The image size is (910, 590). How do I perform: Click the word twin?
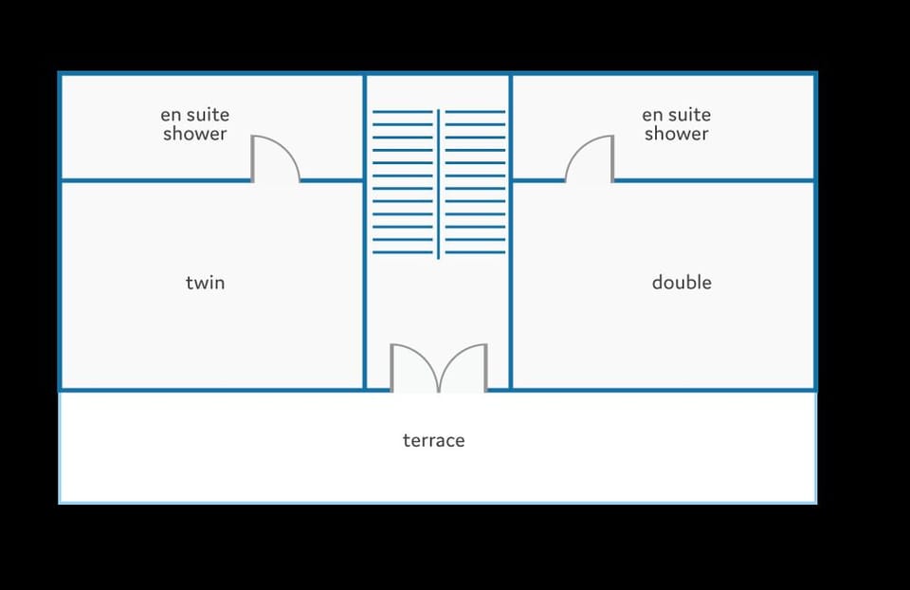point(205,283)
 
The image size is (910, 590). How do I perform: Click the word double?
point(682,283)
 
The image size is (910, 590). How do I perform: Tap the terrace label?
point(433,440)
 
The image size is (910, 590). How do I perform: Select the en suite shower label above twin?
point(195,123)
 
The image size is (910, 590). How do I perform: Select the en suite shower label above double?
point(676,123)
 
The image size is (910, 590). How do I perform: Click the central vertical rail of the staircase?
point(438,183)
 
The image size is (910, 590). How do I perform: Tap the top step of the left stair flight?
point(403,112)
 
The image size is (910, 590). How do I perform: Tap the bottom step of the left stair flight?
point(403,252)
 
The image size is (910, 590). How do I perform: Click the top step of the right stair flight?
point(475,112)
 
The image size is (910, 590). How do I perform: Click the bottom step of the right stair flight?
point(475,252)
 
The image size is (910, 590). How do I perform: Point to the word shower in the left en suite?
point(195,134)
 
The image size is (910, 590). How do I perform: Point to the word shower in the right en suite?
point(676,134)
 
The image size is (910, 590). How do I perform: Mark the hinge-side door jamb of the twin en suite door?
point(252,159)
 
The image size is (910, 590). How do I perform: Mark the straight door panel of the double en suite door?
point(612,159)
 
